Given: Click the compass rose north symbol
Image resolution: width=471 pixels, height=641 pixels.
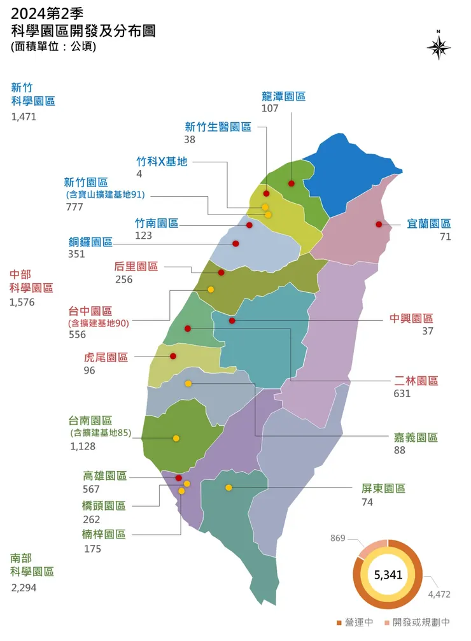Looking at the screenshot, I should click(x=439, y=46).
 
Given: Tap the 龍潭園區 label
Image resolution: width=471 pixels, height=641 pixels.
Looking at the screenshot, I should click(x=283, y=97).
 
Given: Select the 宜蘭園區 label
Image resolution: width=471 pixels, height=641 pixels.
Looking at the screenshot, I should click(x=428, y=224).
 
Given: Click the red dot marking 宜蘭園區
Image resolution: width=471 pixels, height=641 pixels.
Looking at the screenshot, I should click(x=379, y=224).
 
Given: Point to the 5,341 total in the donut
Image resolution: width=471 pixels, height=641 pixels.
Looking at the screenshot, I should click(x=388, y=575).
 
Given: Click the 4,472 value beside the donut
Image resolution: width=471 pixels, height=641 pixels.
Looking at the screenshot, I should click(x=439, y=595).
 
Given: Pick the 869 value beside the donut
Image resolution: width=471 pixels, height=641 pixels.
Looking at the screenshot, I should click(x=337, y=539).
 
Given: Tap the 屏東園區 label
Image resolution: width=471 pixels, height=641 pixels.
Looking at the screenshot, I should click(x=383, y=488).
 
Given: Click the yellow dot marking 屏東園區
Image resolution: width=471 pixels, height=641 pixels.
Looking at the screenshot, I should click(x=228, y=488).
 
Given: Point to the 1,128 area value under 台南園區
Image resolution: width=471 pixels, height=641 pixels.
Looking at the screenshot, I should click(x=83, y=446).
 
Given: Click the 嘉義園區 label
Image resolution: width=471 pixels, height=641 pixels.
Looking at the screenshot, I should click(x=416, y=437).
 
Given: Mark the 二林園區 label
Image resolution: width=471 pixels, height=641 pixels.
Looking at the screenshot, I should click(x=416, y=381).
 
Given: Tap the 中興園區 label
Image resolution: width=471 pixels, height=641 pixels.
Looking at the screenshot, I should click(x=411, y=318).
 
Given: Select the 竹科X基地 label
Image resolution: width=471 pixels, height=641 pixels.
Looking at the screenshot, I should click(x=162, y=161).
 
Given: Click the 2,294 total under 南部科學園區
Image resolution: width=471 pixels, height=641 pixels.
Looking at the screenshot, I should click(x=24, y=588).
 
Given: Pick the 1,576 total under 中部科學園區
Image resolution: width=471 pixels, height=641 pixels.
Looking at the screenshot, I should click(x=22, y=302).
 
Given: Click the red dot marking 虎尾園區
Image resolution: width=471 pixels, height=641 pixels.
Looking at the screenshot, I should click(x=173, y=356).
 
